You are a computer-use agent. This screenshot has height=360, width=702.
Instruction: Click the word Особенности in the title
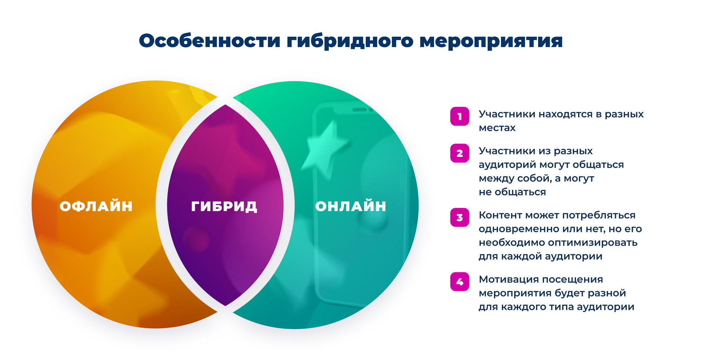click(x=210, y=41)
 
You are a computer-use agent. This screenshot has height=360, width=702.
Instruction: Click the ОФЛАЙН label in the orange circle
click(x=96, y=206)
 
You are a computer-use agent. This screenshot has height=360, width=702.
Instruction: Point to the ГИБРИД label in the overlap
click(x=224, y=207)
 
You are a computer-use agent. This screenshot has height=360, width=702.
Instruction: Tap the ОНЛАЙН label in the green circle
click(x=351, y=206)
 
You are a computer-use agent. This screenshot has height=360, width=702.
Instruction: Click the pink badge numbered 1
click(x=460, y=116)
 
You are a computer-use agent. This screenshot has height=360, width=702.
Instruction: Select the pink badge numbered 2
click(x=460, y=153)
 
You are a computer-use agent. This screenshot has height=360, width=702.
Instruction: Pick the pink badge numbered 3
click(x=460, y=217)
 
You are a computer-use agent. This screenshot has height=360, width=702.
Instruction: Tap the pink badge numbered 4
click(x=460, y=281)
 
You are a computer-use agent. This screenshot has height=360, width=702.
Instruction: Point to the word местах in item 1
click(x=497, y=128)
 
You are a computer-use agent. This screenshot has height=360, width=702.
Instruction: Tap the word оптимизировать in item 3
click(x=592, y=243)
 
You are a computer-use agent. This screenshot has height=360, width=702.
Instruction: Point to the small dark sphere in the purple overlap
click(x=196, y=239)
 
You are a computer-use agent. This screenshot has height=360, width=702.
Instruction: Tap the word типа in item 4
click(x=561, y=307)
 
